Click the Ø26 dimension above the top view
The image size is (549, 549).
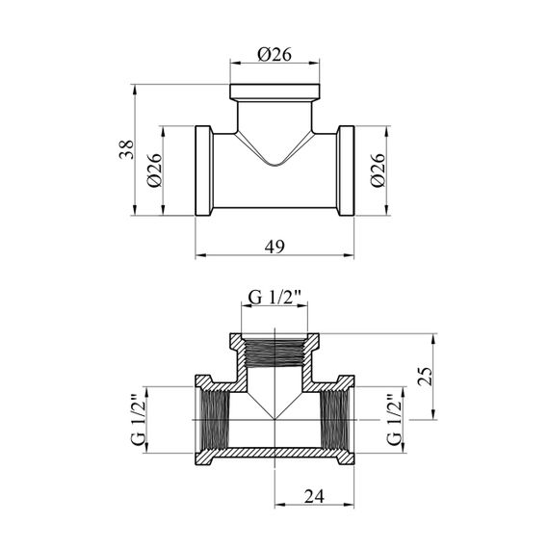pyautogui.click(x=274, y=55)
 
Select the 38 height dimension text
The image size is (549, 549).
pyautogui.click(x=127, y=149)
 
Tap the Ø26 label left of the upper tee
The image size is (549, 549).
pyautogui.click(x=155, y=170)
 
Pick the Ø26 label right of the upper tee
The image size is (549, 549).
pyautogui.click(x=379, y=170)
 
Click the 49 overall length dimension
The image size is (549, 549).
pyautogui.click(x=274, y=247)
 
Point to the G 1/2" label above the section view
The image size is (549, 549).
pyautogui.click(x=274, y=298)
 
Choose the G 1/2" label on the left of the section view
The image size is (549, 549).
pyautogui.click(x=139, y=420)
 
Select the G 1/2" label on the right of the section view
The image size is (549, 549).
pyautogui.click(x=394, y=420)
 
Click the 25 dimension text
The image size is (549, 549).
pyautogui.click(x=426, y=377)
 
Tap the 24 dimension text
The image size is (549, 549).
pyautogui.click(x=314, y=496)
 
